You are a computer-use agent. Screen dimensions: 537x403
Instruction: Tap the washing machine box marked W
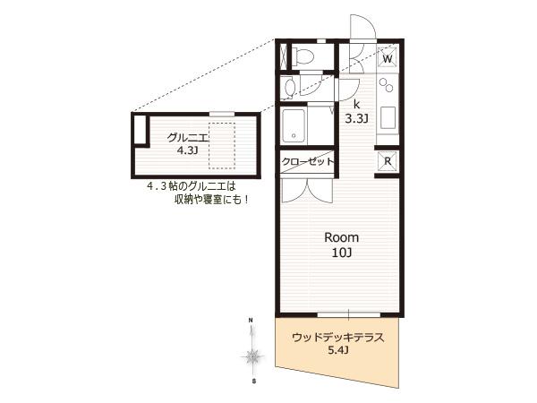[387, 58]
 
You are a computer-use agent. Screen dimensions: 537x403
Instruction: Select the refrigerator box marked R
[388, 161]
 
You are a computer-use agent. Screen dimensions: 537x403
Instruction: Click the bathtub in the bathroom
[294, 125]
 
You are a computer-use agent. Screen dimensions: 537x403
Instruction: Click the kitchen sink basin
[388, 117]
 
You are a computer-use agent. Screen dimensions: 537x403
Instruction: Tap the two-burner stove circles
[387, 85]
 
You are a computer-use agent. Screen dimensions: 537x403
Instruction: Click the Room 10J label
[342, 244]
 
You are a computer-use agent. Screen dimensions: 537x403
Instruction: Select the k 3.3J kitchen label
[356, 112]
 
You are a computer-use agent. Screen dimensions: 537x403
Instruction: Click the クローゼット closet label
[308, 161]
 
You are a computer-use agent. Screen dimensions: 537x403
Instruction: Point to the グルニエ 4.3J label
[187, 143]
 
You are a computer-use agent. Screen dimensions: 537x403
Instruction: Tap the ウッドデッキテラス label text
[338, 338]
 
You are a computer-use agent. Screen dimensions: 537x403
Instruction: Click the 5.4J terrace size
[338, 350]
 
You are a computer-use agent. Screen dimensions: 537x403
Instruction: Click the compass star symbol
[252, 357]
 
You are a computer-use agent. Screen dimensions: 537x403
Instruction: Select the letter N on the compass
[251, 321]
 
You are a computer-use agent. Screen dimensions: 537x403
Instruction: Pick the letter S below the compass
[253, 381]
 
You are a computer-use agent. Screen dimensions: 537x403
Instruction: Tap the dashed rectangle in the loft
[222, 146]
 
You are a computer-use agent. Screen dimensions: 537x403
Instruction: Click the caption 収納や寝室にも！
[211, 200]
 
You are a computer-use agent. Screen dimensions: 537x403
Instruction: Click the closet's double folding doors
[307, 191]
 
